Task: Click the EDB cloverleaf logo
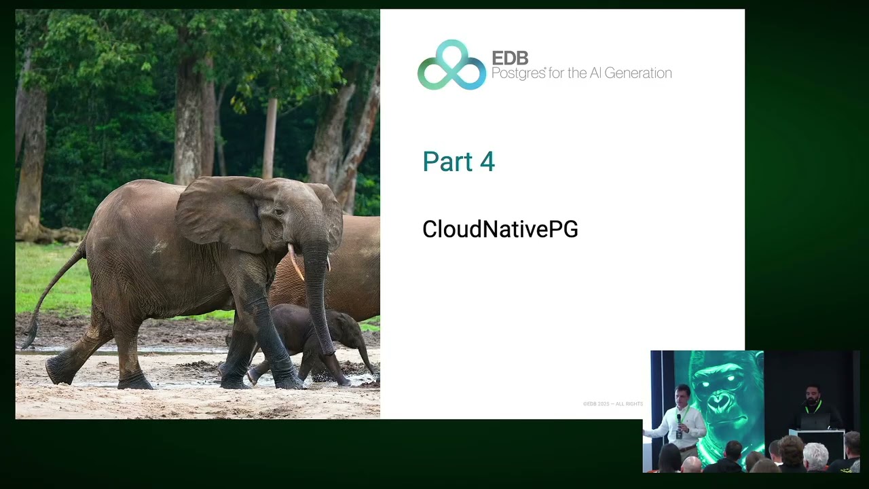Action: (x=451, y=66)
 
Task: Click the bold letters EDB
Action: (x=510, y=58)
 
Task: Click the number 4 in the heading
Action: (x=487, y=162)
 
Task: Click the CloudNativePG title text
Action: (x=500, y=230)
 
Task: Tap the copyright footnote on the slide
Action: (x=612, y=404)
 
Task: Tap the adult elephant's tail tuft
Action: (x=29, y=337)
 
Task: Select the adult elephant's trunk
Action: (x=318, y=292)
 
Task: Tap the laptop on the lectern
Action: (x=815, y=422)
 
